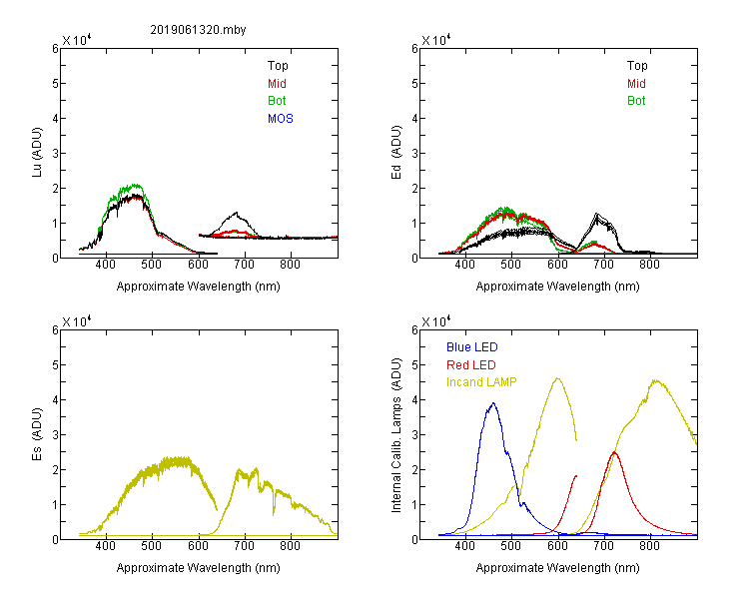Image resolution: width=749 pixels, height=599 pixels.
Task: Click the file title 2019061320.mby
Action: pos(198,30)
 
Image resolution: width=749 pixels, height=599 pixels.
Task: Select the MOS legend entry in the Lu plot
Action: pos(281,119)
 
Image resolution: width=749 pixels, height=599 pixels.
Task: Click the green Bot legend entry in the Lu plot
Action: pos(277,101)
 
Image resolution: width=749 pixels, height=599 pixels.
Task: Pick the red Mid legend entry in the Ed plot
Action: pos(636,84)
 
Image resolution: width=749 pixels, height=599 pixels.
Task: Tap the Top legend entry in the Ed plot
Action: pos(637,66)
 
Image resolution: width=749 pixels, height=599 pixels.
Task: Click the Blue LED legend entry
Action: pos(472,347)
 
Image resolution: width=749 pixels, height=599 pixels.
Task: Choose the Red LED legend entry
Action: pos(471,365)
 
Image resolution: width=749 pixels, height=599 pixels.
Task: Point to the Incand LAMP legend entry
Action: pos(481,382)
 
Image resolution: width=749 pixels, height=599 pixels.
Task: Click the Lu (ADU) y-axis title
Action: pos(37,152)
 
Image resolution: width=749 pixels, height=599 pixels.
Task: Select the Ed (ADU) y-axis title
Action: pos(396,152)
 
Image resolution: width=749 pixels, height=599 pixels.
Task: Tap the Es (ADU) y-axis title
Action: pos(37,433)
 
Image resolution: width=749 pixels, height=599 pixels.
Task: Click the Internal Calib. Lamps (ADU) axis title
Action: pos(396,435)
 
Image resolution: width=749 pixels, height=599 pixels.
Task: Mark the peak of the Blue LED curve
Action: pos(493,403)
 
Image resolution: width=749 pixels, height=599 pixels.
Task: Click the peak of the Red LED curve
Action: pos(614,452)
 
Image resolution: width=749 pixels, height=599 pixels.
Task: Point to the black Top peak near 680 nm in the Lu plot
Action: pos(236,213)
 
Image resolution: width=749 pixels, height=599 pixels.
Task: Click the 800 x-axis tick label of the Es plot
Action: pos(290,546)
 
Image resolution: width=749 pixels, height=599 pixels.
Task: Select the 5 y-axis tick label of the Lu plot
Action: pos(55,84)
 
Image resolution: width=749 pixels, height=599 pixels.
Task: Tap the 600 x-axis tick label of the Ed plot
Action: pos(557,265)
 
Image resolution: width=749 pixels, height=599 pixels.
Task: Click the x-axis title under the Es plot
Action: pos(199,567)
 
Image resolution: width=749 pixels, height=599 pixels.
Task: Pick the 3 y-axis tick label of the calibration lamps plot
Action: pos(414,435)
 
